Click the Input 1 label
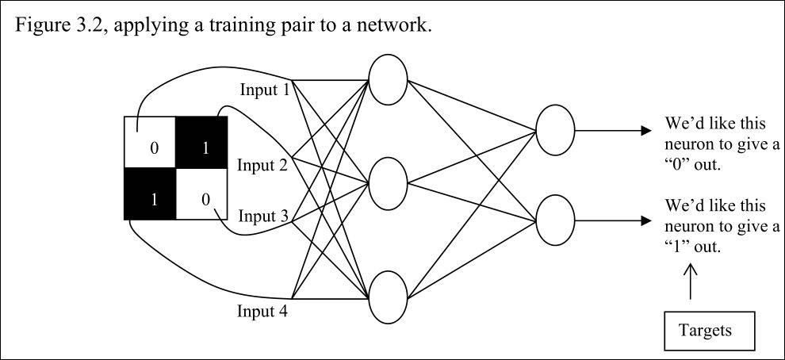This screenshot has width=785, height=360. tap(263, 90)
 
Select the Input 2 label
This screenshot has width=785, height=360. tap(262, 165)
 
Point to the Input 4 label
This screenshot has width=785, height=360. tap(262, 310)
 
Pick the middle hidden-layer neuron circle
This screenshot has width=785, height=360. tap(388, 182)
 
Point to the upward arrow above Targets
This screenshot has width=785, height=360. tap(690, 281)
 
